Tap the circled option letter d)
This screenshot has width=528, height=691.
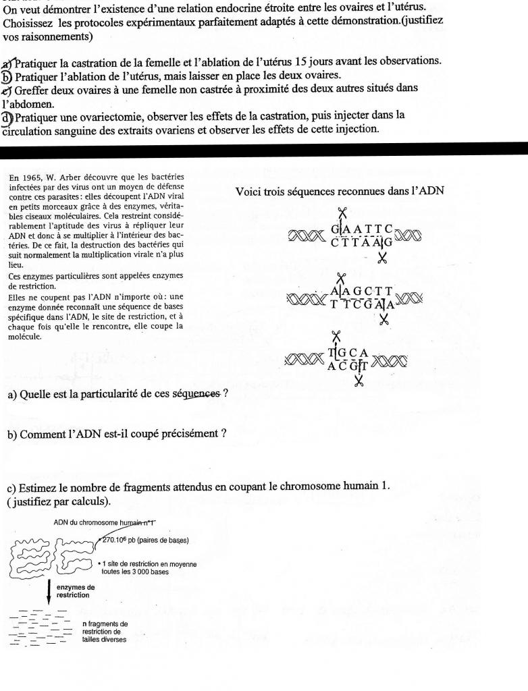[x=8, y=115]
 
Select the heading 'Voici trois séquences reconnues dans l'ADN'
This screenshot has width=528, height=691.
[x=340, y=191]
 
